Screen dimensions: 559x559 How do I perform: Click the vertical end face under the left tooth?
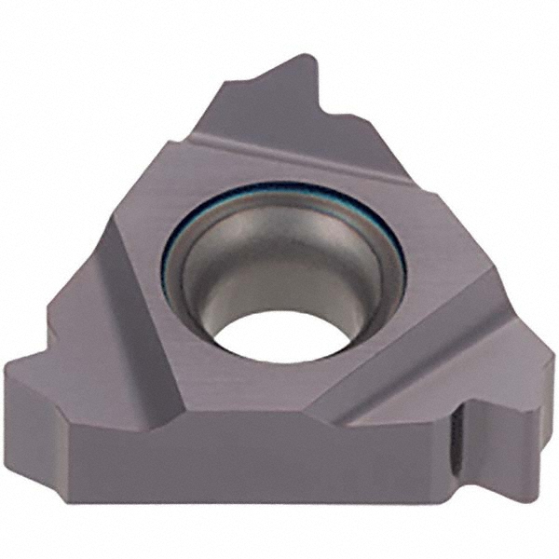[37, 419]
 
